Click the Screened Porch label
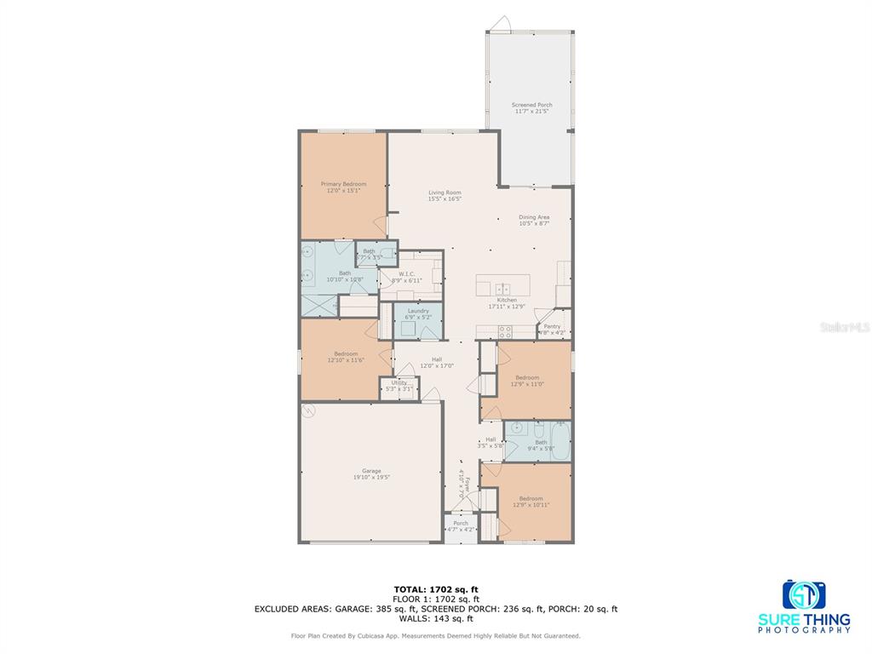point(532,105)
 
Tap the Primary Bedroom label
point(343,184)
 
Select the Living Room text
point(445,192)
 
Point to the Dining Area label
point(534,217)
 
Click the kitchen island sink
point(502,289)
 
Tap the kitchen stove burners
point(505,332)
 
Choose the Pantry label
point(553,326)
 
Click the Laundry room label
point(418,311)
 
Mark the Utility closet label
point(399,383)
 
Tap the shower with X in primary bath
point(319,304)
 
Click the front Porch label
point(461,523)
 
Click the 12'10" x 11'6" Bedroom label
point(346,353)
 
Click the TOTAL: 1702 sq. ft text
point(435,588)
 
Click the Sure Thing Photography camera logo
point(804,594)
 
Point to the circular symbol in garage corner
point(309,411)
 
